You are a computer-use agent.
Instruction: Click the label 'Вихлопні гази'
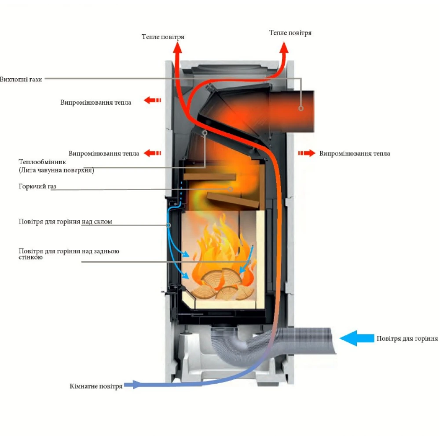21,80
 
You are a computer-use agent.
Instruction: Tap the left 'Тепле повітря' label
163,37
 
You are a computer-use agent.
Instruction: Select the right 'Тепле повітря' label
290,33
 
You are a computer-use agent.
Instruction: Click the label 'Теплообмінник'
42,162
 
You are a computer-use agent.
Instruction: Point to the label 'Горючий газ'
38,187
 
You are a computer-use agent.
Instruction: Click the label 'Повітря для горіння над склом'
65,222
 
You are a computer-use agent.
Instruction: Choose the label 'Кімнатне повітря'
96,386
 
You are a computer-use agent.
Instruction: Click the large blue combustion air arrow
356,338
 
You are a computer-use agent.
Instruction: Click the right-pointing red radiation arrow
307,153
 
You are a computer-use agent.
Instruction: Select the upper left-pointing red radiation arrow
152,101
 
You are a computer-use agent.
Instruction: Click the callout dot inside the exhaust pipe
301,108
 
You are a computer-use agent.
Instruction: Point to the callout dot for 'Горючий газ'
231,189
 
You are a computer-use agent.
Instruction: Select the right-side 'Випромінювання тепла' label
355,154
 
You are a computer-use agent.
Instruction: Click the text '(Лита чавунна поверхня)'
56,170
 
